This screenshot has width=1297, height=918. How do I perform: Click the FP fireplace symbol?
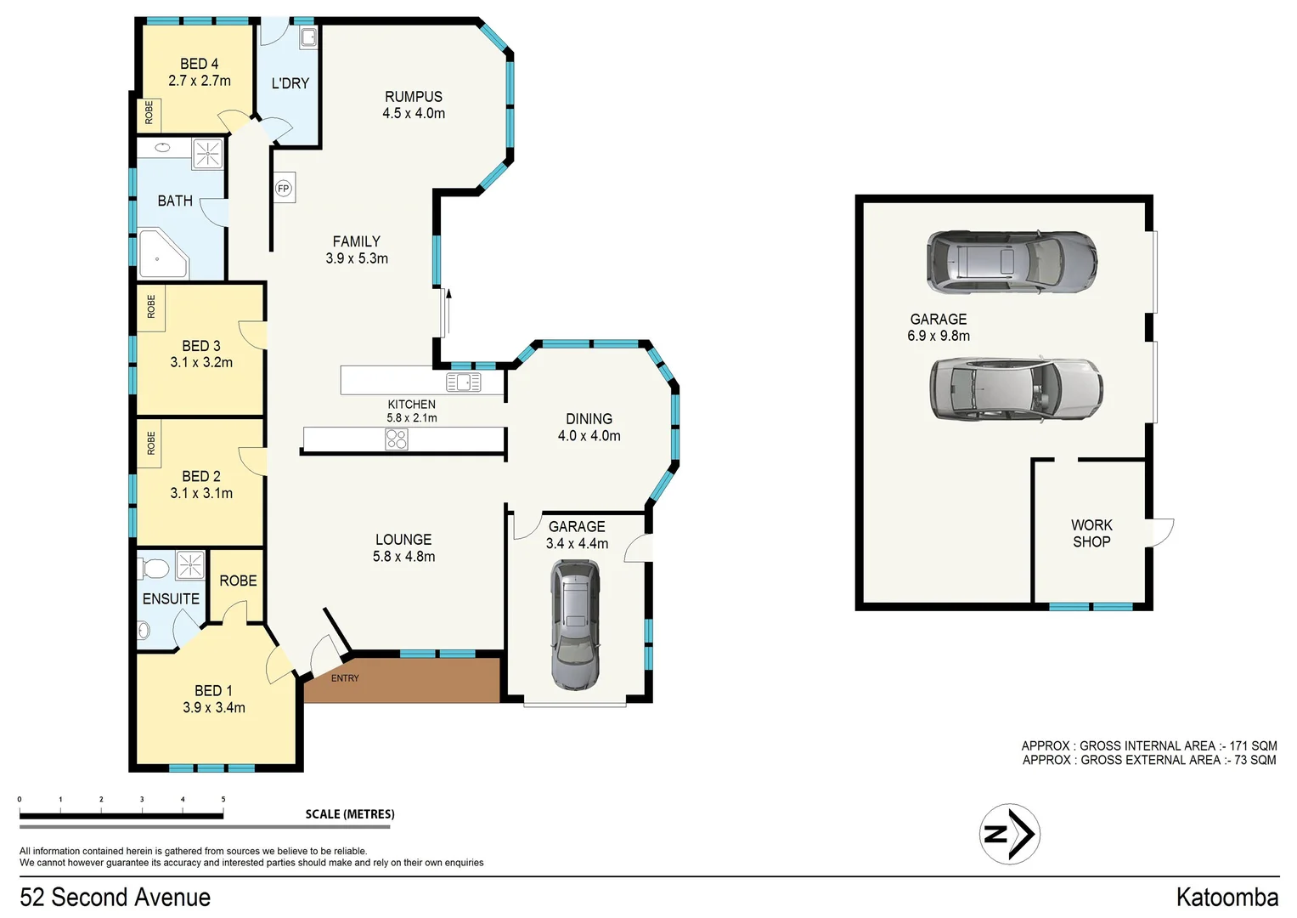click(284, 189)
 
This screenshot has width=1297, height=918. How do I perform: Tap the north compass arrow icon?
click(1010, 834)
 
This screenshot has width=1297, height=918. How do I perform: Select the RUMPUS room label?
click(414, 97)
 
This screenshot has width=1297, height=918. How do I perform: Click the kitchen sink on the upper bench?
click(463, 382)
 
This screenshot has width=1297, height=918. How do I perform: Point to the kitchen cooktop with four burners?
click(397, 439)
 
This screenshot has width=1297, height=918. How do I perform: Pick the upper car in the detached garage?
click(1011, 263)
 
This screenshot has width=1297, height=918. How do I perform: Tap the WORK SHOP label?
click(1091, 534)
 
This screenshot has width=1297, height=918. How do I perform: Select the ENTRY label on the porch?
click(345, 678)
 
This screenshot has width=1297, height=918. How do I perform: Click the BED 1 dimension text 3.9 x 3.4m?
click(214, 708)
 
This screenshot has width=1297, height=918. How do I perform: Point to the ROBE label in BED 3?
click(151, 307)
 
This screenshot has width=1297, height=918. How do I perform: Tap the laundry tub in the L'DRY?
click(308, 37)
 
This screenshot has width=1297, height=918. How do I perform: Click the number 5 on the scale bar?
click(223, 800)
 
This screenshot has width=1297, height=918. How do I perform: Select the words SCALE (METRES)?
click(350, 814)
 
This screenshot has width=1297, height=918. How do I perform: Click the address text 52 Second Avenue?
click(115, 898)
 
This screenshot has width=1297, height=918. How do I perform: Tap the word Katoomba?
click(1227, 898)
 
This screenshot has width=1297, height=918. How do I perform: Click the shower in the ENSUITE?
click(190, 564)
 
